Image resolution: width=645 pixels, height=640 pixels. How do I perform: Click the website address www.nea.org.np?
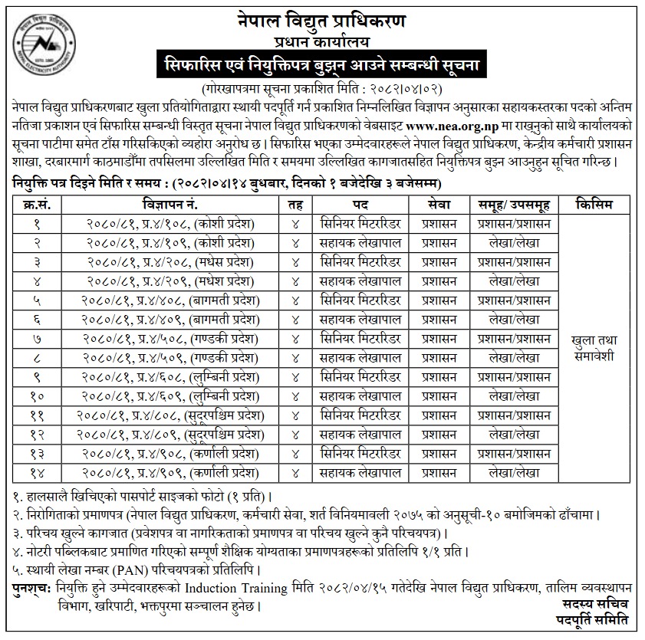pyautogui.click(x=449, y=127)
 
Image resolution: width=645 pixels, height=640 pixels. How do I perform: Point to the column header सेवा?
pyautogui.click(x=439, y=205)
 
